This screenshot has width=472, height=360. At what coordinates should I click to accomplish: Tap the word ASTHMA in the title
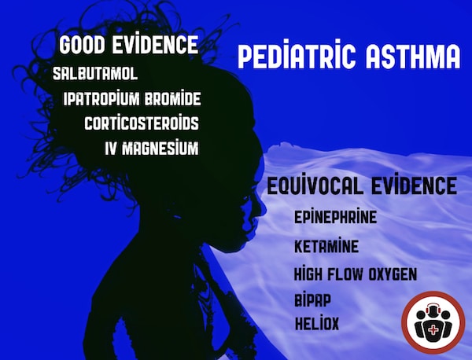413,57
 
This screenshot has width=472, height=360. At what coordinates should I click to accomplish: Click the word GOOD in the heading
82,45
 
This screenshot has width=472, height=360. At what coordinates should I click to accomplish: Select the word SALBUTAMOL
95,74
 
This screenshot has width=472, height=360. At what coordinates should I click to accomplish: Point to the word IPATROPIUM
101,99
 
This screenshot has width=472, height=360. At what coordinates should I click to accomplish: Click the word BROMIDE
172,99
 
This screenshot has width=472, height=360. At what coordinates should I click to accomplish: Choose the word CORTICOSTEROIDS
142,123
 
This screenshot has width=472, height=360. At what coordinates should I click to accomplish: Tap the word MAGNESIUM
160,148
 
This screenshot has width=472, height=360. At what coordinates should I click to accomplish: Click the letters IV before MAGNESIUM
110,149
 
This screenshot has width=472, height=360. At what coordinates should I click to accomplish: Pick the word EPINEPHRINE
335,216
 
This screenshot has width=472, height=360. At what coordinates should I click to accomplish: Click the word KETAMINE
326,246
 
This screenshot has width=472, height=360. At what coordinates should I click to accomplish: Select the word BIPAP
312,299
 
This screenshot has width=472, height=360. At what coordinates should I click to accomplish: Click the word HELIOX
317,323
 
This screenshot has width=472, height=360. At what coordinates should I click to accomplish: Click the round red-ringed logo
433,322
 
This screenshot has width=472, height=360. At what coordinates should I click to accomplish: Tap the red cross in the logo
433,331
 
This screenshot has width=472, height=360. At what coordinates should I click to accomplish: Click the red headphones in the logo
433,307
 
